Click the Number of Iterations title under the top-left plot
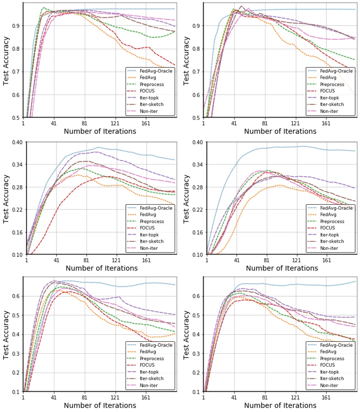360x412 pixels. (100, 131)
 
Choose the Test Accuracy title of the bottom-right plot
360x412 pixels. (187, 334)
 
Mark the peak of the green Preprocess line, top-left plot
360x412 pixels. (43, 8)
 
